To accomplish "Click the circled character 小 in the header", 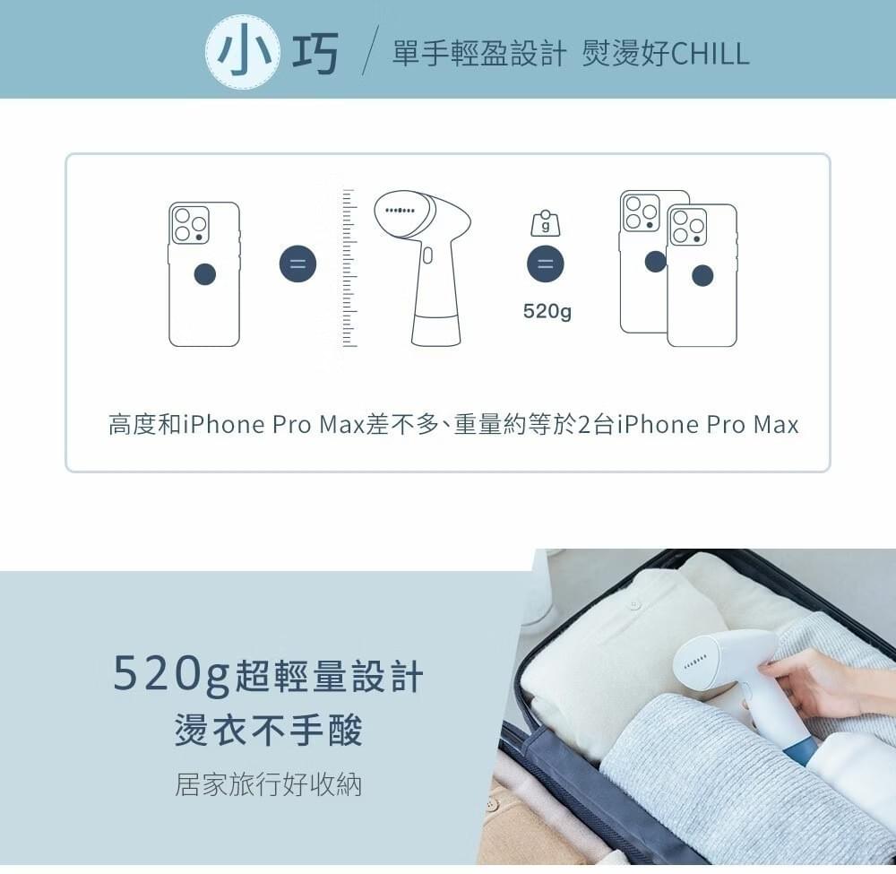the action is [x=243, y=52].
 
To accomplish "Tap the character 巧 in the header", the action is [x=314, y=53].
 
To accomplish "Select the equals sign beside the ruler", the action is [x=297, y=264].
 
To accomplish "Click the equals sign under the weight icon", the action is [x=545, y=264].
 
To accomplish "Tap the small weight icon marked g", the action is [x=546, y=223].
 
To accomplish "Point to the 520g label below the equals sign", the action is [x=547, y=312].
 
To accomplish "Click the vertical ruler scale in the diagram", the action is [x=349, y=267].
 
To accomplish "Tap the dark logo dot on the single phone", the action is [x=204, y=274].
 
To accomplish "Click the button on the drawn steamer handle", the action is [x=427, y=255].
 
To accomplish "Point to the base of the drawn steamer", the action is [x=436, y=330].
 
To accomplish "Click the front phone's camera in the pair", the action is [x=688, y=227].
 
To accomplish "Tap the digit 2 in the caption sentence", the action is [x=584, y=425].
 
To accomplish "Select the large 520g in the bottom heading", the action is [x=171, y=675].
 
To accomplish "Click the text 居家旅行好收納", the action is [x=268, y=784].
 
